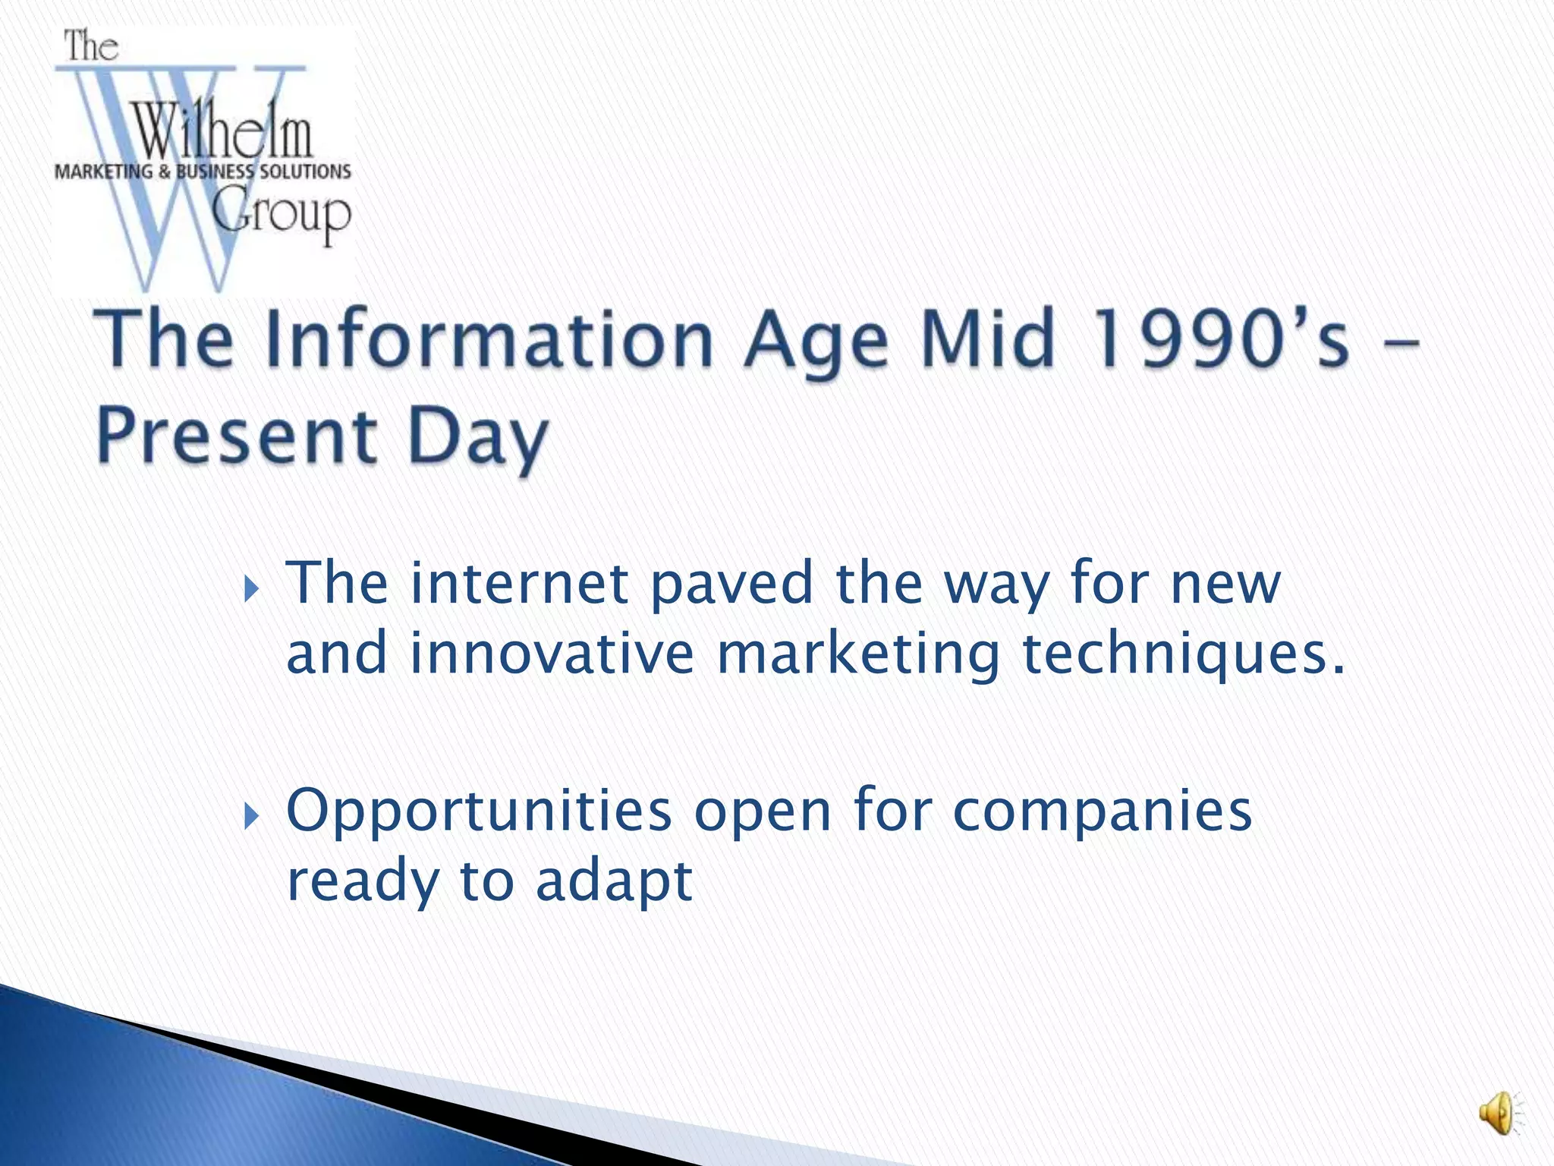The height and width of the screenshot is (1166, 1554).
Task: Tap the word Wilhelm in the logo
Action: (222, 131)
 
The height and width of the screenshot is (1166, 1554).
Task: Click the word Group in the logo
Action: (281, 215)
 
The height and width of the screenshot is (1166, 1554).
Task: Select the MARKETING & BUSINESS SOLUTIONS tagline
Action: (203, 172)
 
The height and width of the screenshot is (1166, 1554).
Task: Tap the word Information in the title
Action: (489, 339)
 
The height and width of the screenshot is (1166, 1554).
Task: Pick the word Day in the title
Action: (478, 440)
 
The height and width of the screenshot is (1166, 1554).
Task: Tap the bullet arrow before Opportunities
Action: (253, 817)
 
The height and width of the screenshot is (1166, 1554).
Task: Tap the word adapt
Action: (614, 883)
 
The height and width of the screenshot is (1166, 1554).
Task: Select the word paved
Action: (731, 585)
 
